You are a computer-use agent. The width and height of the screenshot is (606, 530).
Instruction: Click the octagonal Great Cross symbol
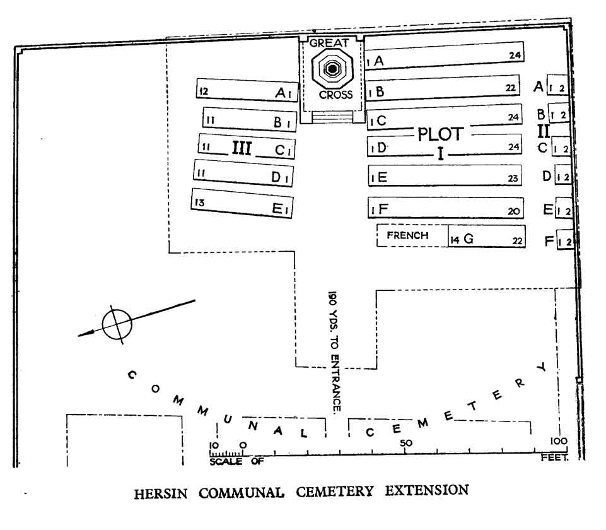332,69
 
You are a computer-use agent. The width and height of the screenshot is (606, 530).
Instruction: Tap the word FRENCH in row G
408,235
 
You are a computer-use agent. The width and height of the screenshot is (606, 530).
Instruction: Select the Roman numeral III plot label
242,148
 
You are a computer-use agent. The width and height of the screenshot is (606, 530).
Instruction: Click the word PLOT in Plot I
441,134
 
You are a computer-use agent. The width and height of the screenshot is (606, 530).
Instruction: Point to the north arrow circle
117,324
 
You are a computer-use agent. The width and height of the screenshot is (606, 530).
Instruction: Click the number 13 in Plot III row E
199,202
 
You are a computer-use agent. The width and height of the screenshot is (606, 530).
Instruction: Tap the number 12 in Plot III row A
203,91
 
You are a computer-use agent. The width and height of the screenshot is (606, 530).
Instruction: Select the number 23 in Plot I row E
513,178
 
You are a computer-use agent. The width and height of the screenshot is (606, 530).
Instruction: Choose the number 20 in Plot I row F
514,211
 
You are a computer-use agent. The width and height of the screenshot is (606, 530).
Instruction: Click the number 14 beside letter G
455,240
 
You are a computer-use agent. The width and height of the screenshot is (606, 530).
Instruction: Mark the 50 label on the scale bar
406,443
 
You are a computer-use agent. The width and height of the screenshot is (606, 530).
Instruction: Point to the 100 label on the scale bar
559,440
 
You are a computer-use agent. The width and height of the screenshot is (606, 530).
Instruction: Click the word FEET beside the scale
554,457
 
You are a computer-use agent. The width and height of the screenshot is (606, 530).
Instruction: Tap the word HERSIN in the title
161,493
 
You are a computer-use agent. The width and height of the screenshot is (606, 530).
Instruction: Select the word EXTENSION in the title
427,490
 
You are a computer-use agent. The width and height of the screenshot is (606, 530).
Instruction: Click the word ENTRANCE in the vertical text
335,384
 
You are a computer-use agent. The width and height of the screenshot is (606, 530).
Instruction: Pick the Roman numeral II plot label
544,131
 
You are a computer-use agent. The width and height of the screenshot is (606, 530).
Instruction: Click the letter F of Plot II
549,241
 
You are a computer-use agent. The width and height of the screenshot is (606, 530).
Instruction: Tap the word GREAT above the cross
329,43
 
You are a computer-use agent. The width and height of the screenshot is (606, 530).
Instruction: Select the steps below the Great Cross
332,117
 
